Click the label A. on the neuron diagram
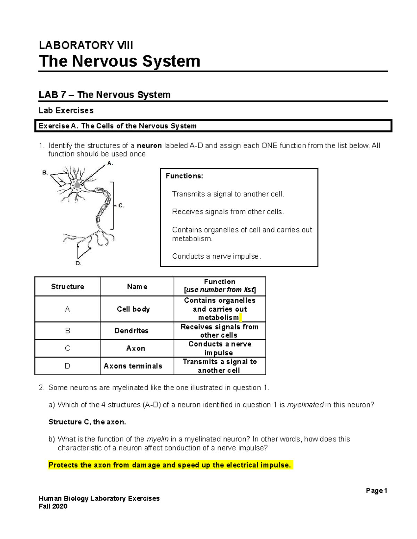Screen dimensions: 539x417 click(x=110, y=163)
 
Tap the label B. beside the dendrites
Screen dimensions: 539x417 click(x=45, y=172)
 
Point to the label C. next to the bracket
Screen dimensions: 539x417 click(x=121, y=205)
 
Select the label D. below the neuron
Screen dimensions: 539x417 click(x=79, y=263)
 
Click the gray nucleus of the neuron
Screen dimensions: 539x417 click(x=77, y=185)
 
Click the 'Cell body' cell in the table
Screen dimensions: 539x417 click(x=133, y=309)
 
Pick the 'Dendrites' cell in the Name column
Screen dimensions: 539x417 click(x=131, y=331)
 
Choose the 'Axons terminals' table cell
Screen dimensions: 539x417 click(x=133, y=366)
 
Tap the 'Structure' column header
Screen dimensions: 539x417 click(x=67, y=286)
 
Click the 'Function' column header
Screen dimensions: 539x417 click(x=220, y=282)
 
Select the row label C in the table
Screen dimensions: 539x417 click(x=67, y=348)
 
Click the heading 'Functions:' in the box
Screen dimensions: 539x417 click(x=185, y=176)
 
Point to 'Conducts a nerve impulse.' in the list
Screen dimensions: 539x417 click(x=216, y=256)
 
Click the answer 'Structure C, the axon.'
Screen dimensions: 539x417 click(x=87, y=422)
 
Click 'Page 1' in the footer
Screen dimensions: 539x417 click(x=376, y=490)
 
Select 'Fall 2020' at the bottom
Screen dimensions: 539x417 click(x=53, y=506)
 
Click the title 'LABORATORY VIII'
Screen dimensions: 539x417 click(x=86, y=45)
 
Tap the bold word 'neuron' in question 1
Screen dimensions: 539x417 click(x=149, y=145)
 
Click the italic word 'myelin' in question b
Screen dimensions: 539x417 click(x=157, y=439)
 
